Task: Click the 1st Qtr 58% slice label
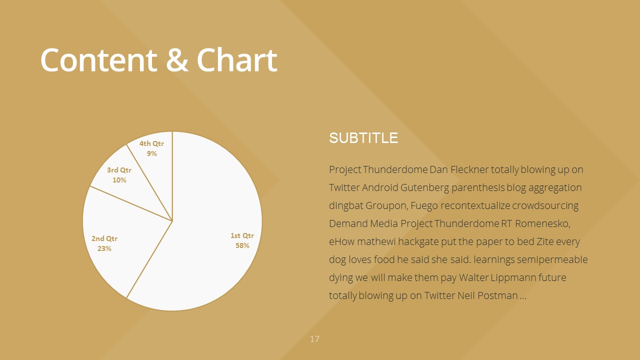242,240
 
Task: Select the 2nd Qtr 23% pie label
104,243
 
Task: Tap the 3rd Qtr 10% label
119,175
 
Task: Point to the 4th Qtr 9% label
151,148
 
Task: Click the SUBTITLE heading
363,138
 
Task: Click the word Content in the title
99,60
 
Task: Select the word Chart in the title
237,59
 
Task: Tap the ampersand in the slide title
177,60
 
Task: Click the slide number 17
314,339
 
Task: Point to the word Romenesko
542,223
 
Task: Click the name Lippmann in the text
513,278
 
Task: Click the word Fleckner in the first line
469,169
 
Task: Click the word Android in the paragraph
380,187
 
